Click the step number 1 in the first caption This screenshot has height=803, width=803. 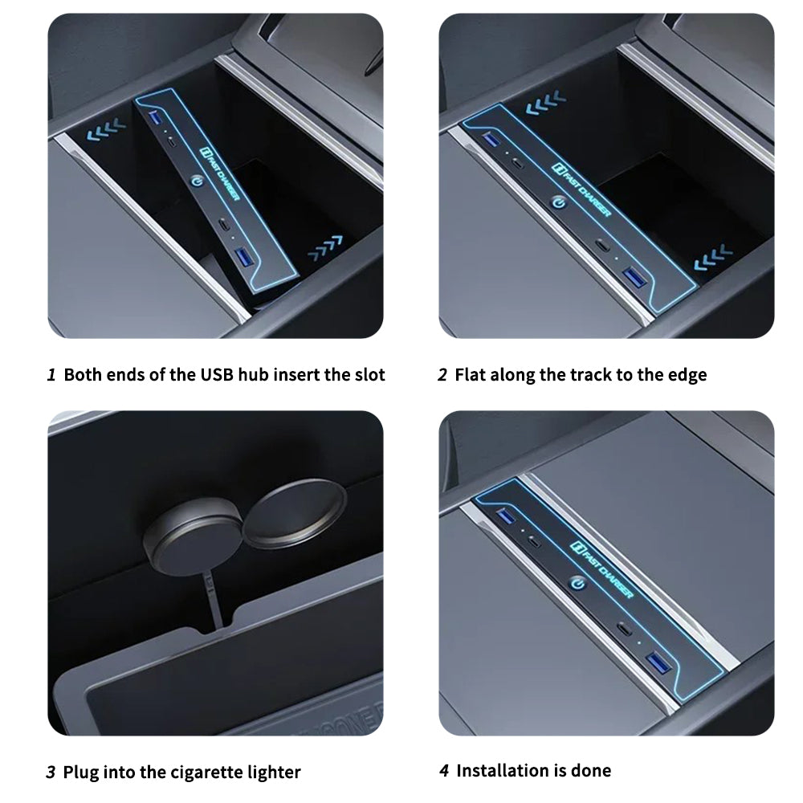pos(51,375)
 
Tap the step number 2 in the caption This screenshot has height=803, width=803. pos(442,375)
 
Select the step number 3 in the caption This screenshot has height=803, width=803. pos(51,772)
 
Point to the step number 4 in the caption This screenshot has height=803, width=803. pos(444,771)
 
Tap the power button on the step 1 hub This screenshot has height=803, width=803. pos(197,181)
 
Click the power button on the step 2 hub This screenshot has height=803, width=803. pos(559,203)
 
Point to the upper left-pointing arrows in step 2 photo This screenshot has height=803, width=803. pos(545,103)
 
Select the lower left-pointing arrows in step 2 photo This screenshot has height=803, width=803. pos(713,257)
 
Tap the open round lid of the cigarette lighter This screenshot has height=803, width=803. pos(294,514)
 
